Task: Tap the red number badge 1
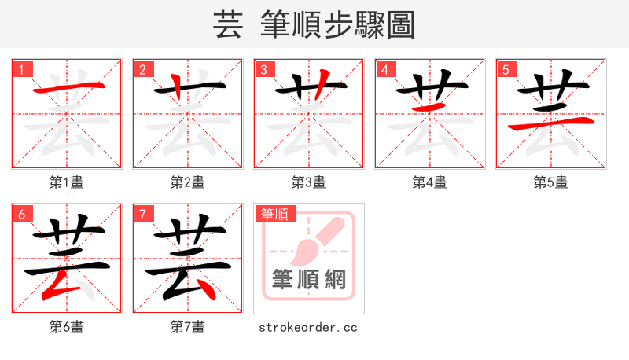click(x=22, y=69)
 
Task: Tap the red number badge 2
click(x=143, y=69)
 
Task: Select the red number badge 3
click(x=264, y=69)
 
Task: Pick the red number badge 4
click(x=385, y=69)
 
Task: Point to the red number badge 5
click(x=506, y=69)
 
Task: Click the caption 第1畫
click(x=67, y=182)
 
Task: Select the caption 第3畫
click(x=309, y=182)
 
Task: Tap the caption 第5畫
click(x=551, y=182)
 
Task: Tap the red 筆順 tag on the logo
click(x=274, y=214)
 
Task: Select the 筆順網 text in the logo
click(x=308, y=279)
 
